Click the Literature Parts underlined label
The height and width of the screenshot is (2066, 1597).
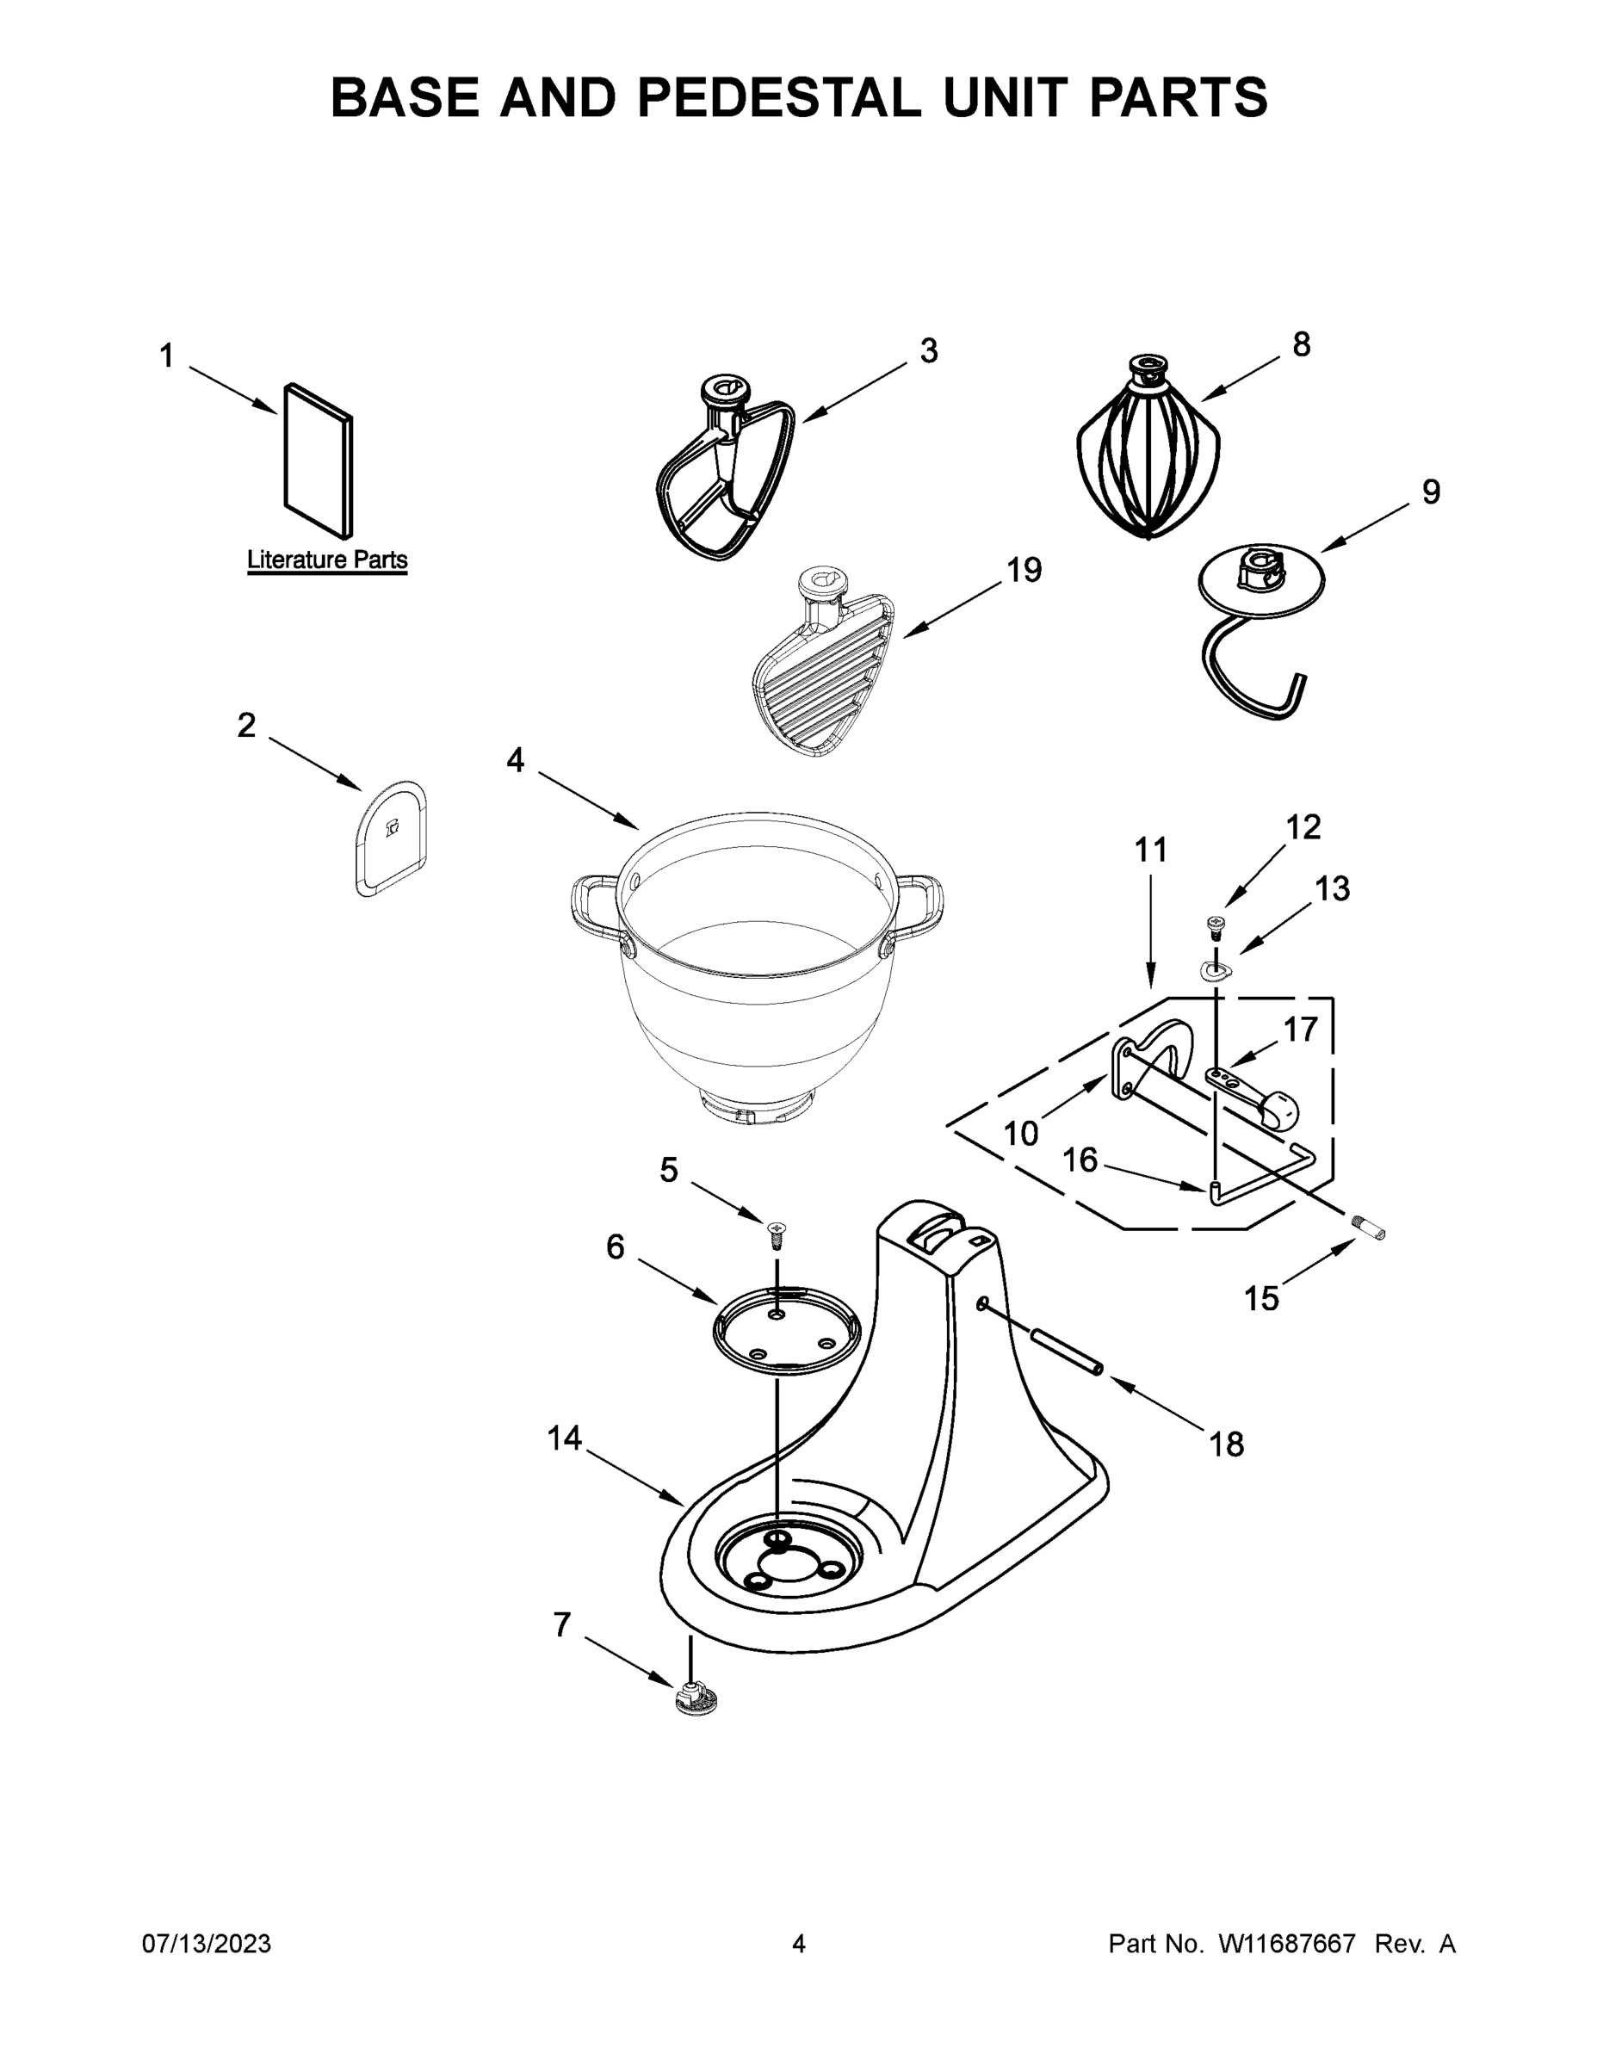[327, 560]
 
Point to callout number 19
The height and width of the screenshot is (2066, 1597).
[1024, 571]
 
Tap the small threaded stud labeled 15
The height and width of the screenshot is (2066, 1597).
[1369, 1231]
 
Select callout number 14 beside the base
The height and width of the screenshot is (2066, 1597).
[564, 1438]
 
